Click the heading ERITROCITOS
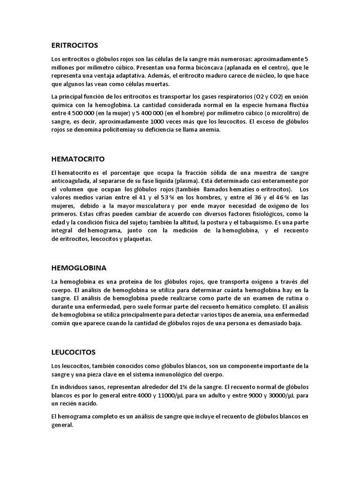coord(75,45)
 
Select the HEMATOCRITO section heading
coord(77,159)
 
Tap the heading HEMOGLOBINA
coord(79,268)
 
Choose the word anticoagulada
coord(71,181)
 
